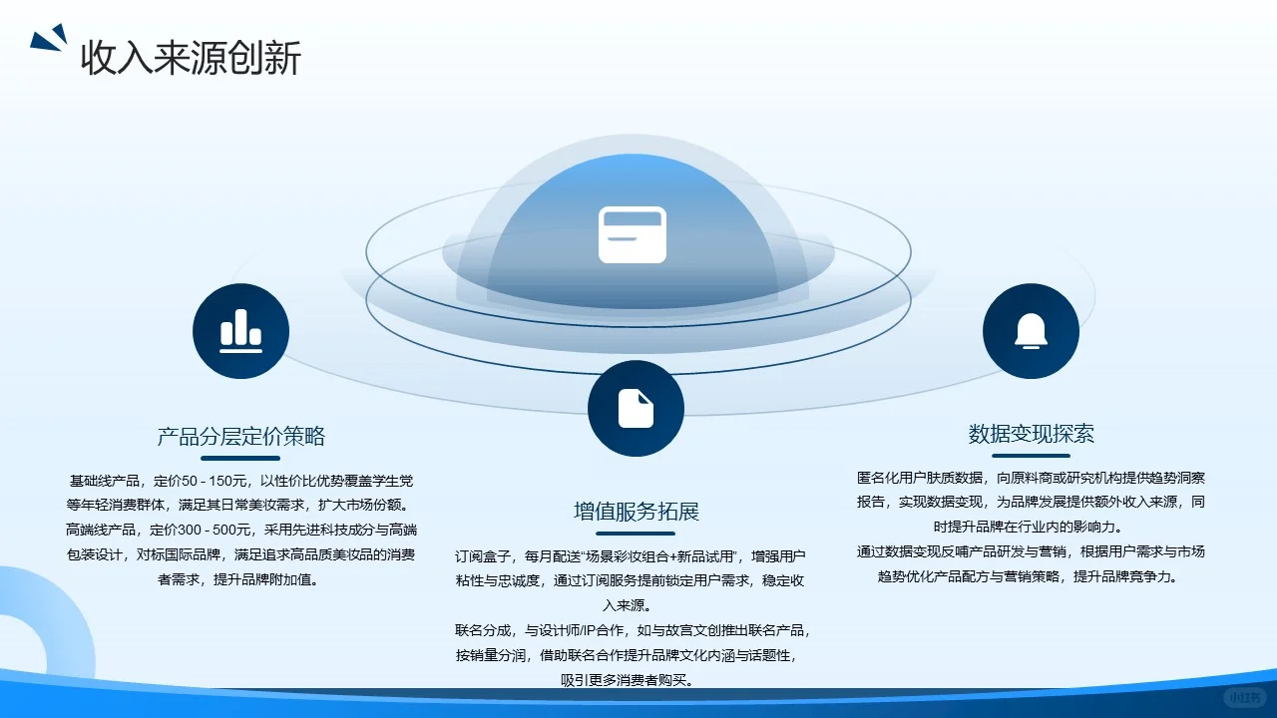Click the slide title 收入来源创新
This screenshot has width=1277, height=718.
tap(191, 58)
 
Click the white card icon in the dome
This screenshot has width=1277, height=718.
tap(633, 234)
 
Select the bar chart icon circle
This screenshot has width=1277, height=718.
tap(240, 331)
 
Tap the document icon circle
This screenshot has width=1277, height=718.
tap(636, 408)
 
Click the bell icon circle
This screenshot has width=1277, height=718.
tap(1031, 331)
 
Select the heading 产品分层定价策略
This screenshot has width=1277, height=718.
tap(240, 436)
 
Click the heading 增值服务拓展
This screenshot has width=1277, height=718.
tap(636, 512)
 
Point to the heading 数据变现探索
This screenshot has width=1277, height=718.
tap(1031, 434)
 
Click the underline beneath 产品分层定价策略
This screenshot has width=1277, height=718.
tap(240, 458)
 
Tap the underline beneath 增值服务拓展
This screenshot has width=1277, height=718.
tap(636, 534)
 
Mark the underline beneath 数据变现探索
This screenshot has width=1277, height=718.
tap(1031, 456)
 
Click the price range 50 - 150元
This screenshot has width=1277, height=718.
tap(213, 481)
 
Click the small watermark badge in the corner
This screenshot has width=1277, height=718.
tap(1246, 697)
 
